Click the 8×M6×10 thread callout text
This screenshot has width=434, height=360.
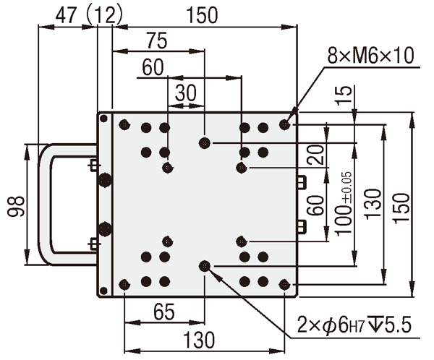pos(370,56)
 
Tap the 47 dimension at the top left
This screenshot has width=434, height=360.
pos(66,15)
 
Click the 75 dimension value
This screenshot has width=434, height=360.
pos(157,40)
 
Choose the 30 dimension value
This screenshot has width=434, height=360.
pos(186,93)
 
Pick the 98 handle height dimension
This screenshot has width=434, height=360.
pos(17,206)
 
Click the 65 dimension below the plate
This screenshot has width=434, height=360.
pos(164,312)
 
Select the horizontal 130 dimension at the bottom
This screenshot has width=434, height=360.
pos(199,340)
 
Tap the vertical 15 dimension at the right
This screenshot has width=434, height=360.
pos(344,95)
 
